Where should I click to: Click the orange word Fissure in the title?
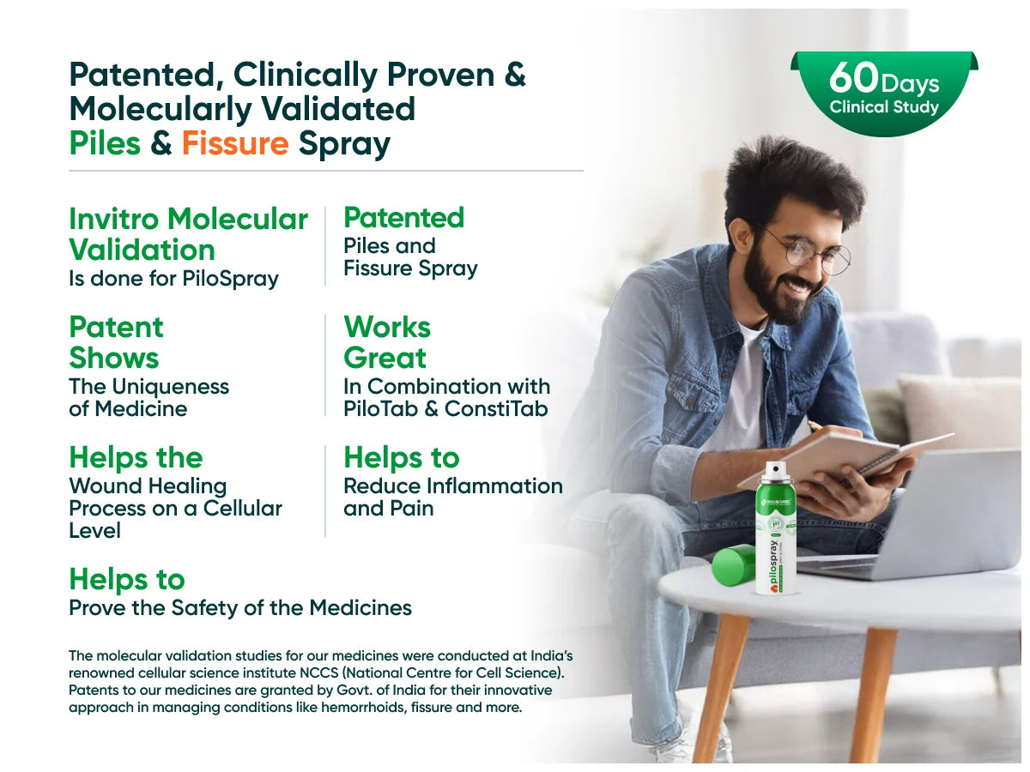(235, 143)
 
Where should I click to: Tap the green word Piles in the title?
(105, 143)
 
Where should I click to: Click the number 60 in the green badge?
(853, 78)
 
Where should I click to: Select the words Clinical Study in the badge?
(884, 107)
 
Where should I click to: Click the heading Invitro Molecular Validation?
(188, 234)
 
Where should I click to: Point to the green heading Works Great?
(386, 342)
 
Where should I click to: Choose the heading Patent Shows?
(116, 342)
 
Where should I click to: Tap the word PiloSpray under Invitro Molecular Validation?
(230, 279)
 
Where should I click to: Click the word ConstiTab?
(496, 409)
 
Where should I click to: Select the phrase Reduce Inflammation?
(453, 486)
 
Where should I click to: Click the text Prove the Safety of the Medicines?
(240, 608)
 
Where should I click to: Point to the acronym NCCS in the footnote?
(319, 673)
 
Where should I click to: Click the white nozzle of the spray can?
(775, 471)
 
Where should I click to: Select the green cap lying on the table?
(733, 564)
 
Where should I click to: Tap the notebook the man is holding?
(845, 457)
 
